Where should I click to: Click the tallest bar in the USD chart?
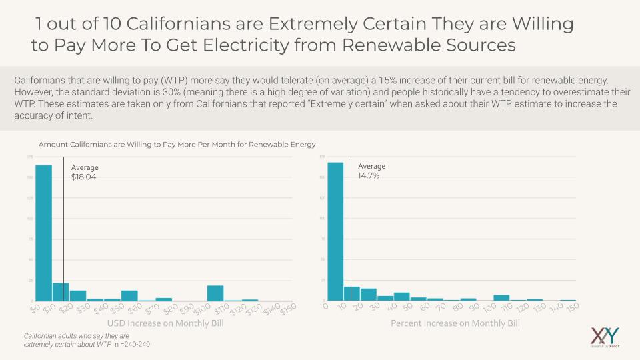point(43,233)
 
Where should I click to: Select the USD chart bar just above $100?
point(215,293)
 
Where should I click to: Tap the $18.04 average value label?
point(84,177)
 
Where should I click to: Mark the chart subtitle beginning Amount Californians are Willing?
point(177,144)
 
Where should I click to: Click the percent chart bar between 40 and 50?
point(401,297)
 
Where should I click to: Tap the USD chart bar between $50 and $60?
point(129,295)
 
